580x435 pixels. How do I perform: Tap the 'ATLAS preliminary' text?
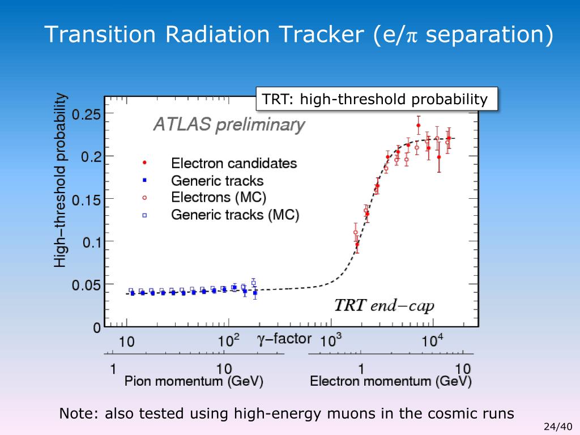point(229,125)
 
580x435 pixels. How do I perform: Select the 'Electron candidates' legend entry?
point(233,163)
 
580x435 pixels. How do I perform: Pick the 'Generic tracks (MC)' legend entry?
point(235,215)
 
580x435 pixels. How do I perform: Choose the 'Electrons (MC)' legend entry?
point(219,198)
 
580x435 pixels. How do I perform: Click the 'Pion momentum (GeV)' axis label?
point(194,382)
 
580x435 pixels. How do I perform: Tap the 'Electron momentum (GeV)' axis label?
point(390,382)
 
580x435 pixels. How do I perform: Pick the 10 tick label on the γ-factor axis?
point(126,342)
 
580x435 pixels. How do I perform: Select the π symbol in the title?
point(412,35)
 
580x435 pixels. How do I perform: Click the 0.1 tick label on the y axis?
point(91,242)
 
